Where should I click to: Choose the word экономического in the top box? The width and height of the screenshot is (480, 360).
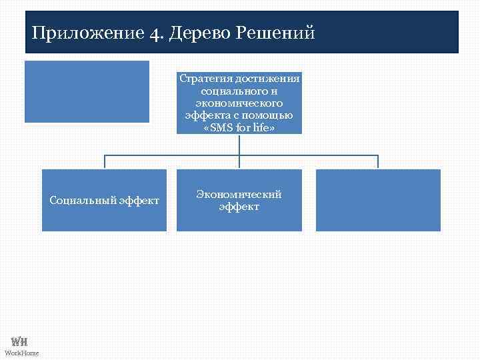[239, 103]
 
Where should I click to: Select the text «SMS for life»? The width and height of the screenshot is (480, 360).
[239, 127]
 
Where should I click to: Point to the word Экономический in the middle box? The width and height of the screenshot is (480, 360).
[239, 194]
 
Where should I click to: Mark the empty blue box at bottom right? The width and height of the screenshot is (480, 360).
[378, 200]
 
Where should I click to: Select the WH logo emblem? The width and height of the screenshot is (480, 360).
[19, 341]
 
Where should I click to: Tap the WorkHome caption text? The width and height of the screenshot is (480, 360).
[22, 352]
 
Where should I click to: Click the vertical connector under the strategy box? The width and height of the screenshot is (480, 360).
[239, 145]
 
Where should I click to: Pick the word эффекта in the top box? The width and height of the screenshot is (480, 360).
[206, 115]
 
